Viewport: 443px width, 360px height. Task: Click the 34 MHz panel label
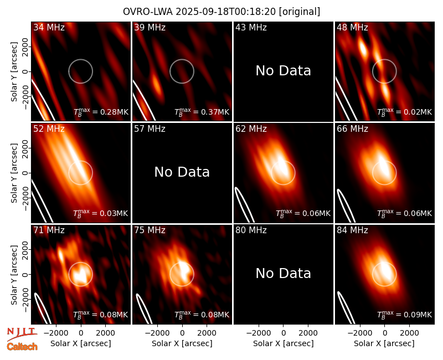[49, 27]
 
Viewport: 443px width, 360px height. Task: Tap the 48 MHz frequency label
[352, 27]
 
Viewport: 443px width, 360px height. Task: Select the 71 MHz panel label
[49, 230]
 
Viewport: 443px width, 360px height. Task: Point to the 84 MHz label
[352, 230]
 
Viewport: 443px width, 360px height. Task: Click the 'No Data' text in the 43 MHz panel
[283, 71]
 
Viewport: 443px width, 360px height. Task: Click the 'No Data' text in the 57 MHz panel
[182, 172]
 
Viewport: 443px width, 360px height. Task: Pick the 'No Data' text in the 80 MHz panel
[283, 273]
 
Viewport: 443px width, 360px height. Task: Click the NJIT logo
[22, 333]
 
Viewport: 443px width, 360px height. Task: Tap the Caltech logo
[22, 347]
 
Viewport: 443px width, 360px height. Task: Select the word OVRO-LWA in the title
[148, 12]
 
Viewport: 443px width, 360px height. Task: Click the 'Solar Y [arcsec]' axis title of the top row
[14, 72]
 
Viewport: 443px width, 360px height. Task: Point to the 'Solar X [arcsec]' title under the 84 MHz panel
[384, 343]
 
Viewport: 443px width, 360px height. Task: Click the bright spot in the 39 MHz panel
[156, 83]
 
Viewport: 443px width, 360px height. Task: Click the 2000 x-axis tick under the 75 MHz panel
[207, 333]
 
